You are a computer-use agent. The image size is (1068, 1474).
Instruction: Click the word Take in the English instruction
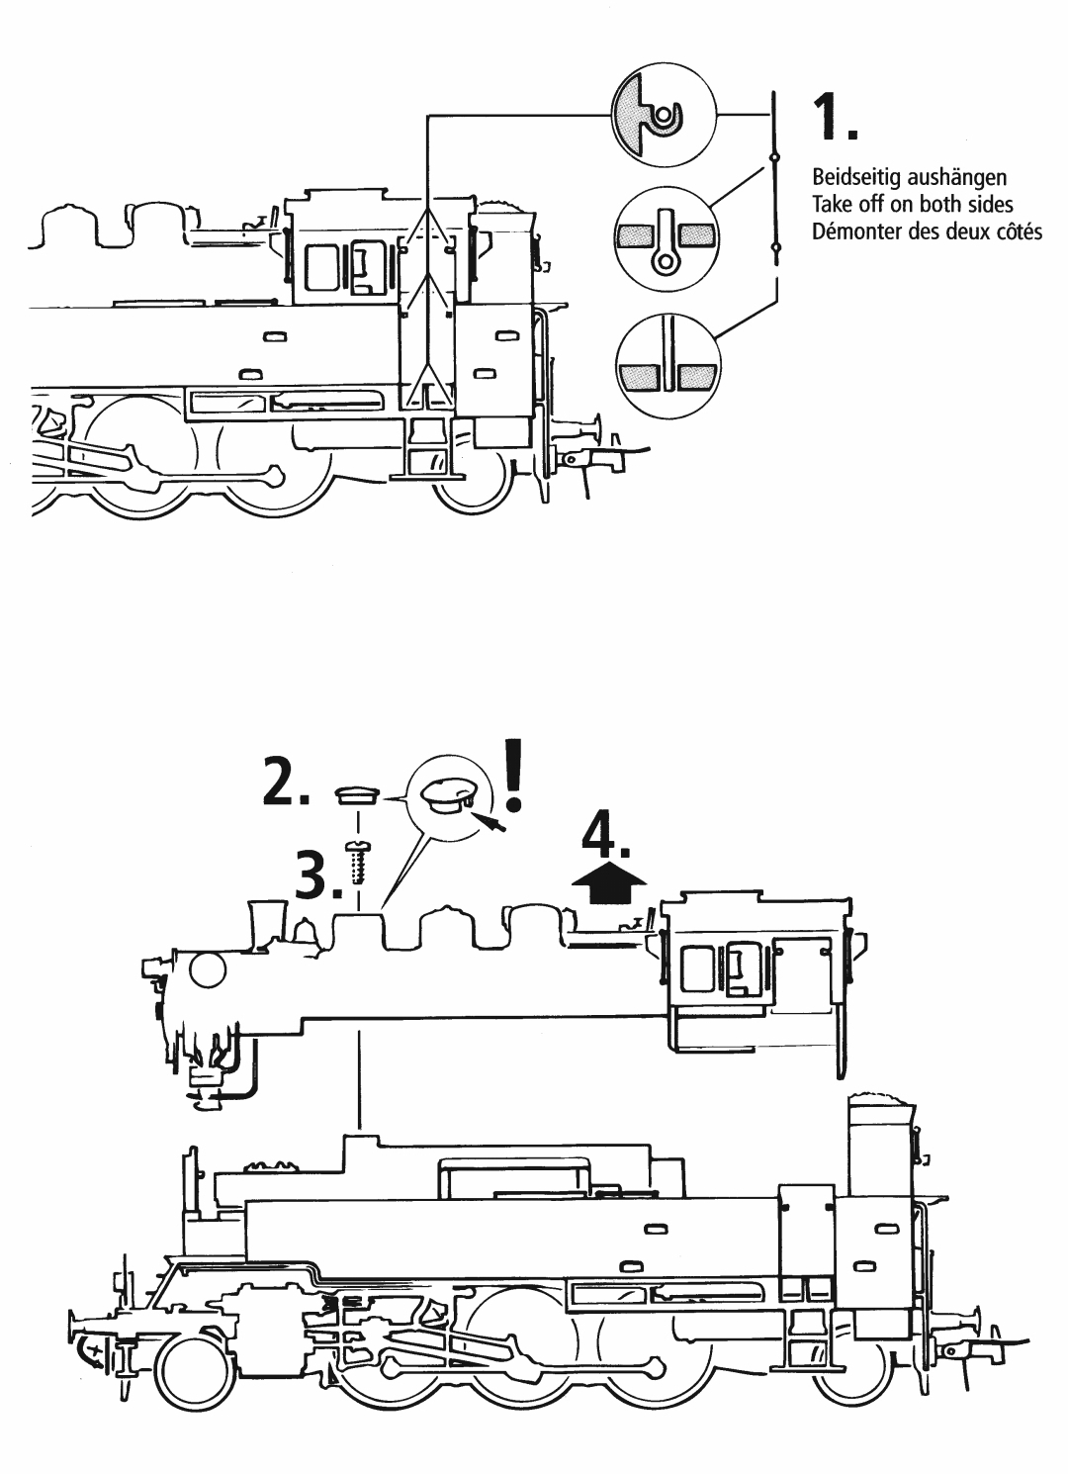tap(830, 206)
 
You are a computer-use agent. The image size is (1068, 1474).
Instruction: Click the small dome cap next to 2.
tap(357, 795)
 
